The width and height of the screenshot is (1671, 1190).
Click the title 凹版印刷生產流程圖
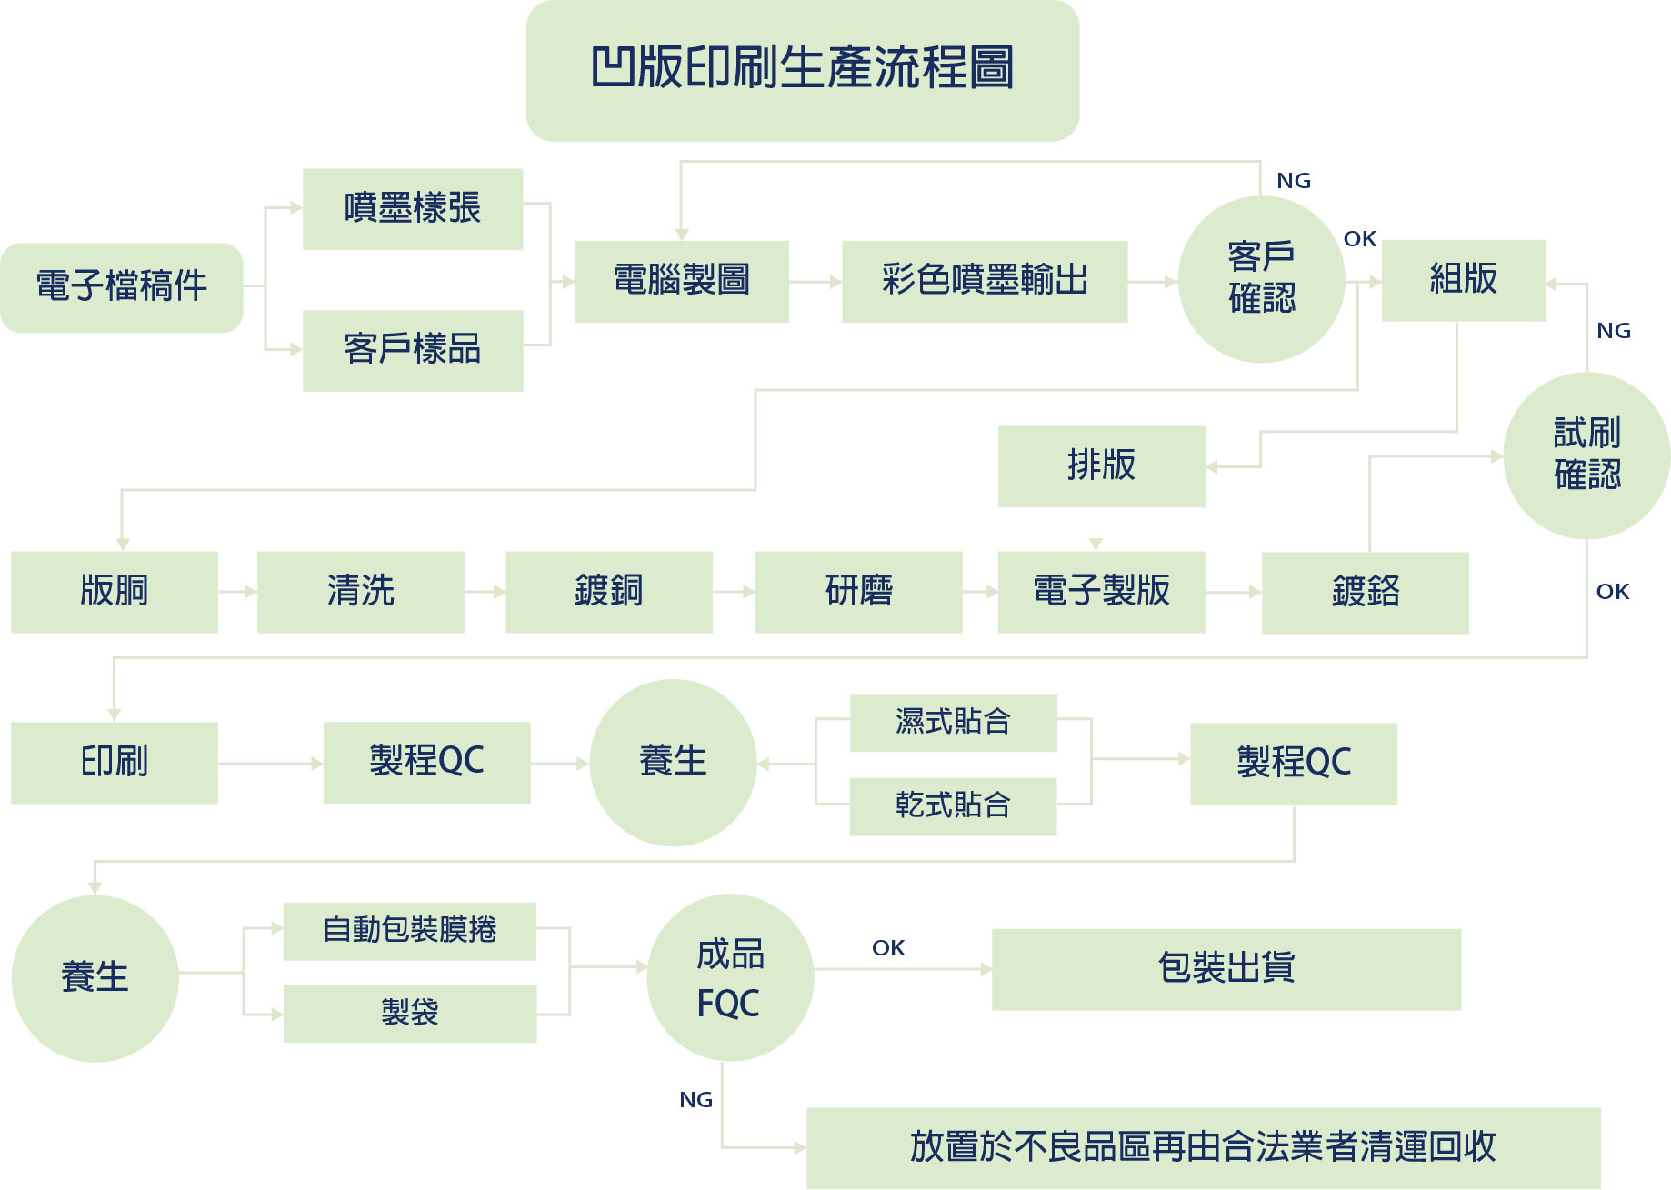802,69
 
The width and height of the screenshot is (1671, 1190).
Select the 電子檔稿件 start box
122,286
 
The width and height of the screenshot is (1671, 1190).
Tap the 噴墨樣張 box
412,208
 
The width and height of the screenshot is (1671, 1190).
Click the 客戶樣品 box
412,350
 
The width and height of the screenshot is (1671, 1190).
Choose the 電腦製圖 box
681,281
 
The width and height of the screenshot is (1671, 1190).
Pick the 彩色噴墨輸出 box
984,281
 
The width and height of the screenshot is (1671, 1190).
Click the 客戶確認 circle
1261,279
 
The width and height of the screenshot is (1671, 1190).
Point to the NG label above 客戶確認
1293,181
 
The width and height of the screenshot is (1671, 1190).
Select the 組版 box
1463,280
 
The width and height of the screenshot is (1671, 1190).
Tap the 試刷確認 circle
1586,455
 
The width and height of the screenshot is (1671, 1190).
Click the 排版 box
1101,465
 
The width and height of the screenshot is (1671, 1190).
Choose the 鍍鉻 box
1365,592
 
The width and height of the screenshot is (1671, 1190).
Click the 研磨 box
858,591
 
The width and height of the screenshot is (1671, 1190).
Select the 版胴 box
115,591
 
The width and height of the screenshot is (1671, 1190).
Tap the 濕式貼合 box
953,723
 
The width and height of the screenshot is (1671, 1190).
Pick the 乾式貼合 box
953,805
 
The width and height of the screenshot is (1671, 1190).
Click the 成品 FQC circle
730,977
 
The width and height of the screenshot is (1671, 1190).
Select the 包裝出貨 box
1226,969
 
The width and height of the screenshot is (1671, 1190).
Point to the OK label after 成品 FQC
888,948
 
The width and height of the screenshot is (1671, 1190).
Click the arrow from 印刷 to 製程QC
271,764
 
